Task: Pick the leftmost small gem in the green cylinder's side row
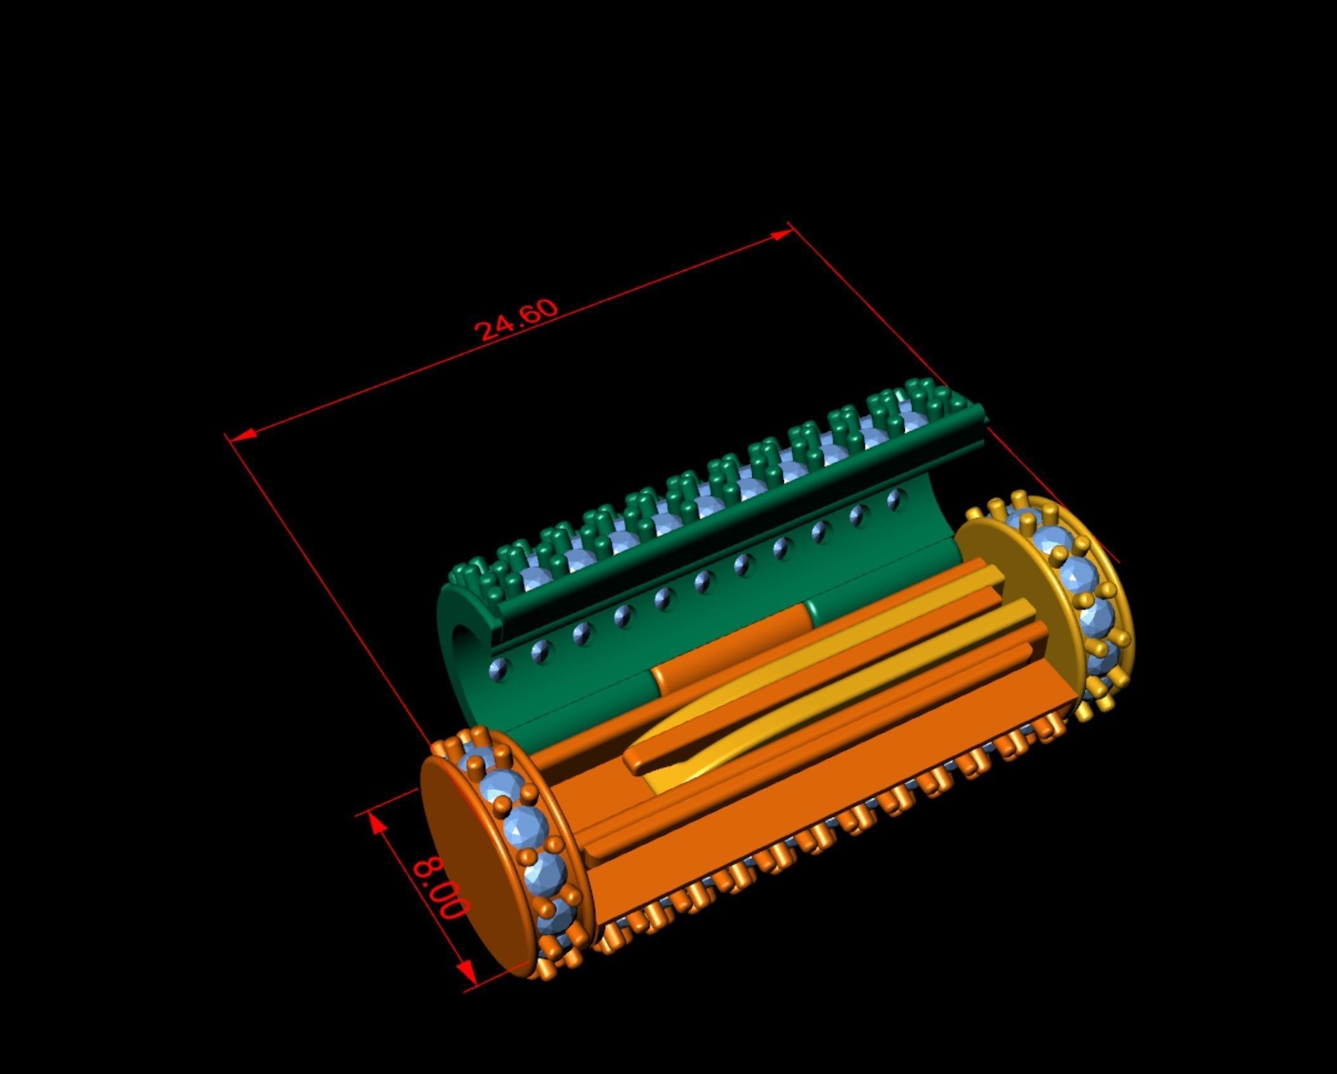click(x=499, y=669)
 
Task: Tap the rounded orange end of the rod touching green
click(x=660, y=672)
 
